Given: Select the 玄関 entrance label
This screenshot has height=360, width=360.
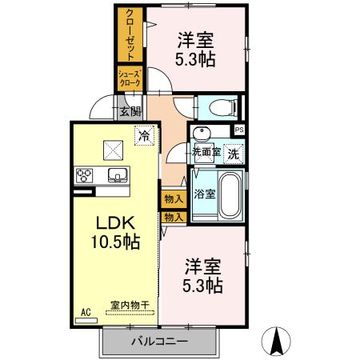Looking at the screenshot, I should pyautogui.click(x=130, y=111).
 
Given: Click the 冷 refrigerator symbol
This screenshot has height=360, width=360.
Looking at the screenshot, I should pyautogui.click(x=144, y=135).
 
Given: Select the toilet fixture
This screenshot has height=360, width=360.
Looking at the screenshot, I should pyautogui.click(x=218, y=106).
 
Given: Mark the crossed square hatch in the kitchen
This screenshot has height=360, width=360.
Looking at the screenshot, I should pyautogui.click(x=113, y=148).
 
